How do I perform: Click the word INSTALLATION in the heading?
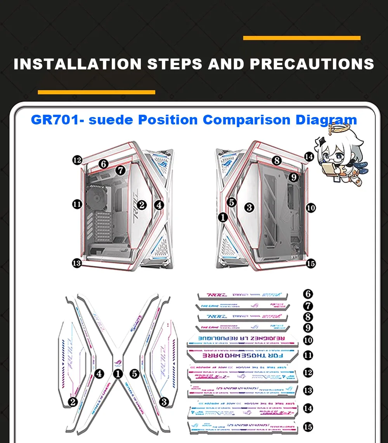(x=77, y=64)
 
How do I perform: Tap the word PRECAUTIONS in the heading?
(x=312, y=64)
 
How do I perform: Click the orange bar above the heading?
(x=301, y=38)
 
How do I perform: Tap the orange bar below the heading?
(x=96, y=92)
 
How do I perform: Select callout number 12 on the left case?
(x=77, y=160)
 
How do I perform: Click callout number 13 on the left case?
(x=77, y=263)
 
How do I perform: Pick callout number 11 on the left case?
(x=77, y=204)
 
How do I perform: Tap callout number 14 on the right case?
(x=309, y=157)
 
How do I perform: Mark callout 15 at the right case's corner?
(x=310, y=264)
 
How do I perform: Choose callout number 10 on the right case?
(x=310, y=208)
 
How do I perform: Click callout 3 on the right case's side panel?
(x=249, y=207)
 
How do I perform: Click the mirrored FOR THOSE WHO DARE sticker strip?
(x=242, y=355)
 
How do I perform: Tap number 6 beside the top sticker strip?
(x=308, y=294)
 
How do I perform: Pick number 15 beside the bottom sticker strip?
(x=308, y=427)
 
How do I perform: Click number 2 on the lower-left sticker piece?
(x=73, y=402)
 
